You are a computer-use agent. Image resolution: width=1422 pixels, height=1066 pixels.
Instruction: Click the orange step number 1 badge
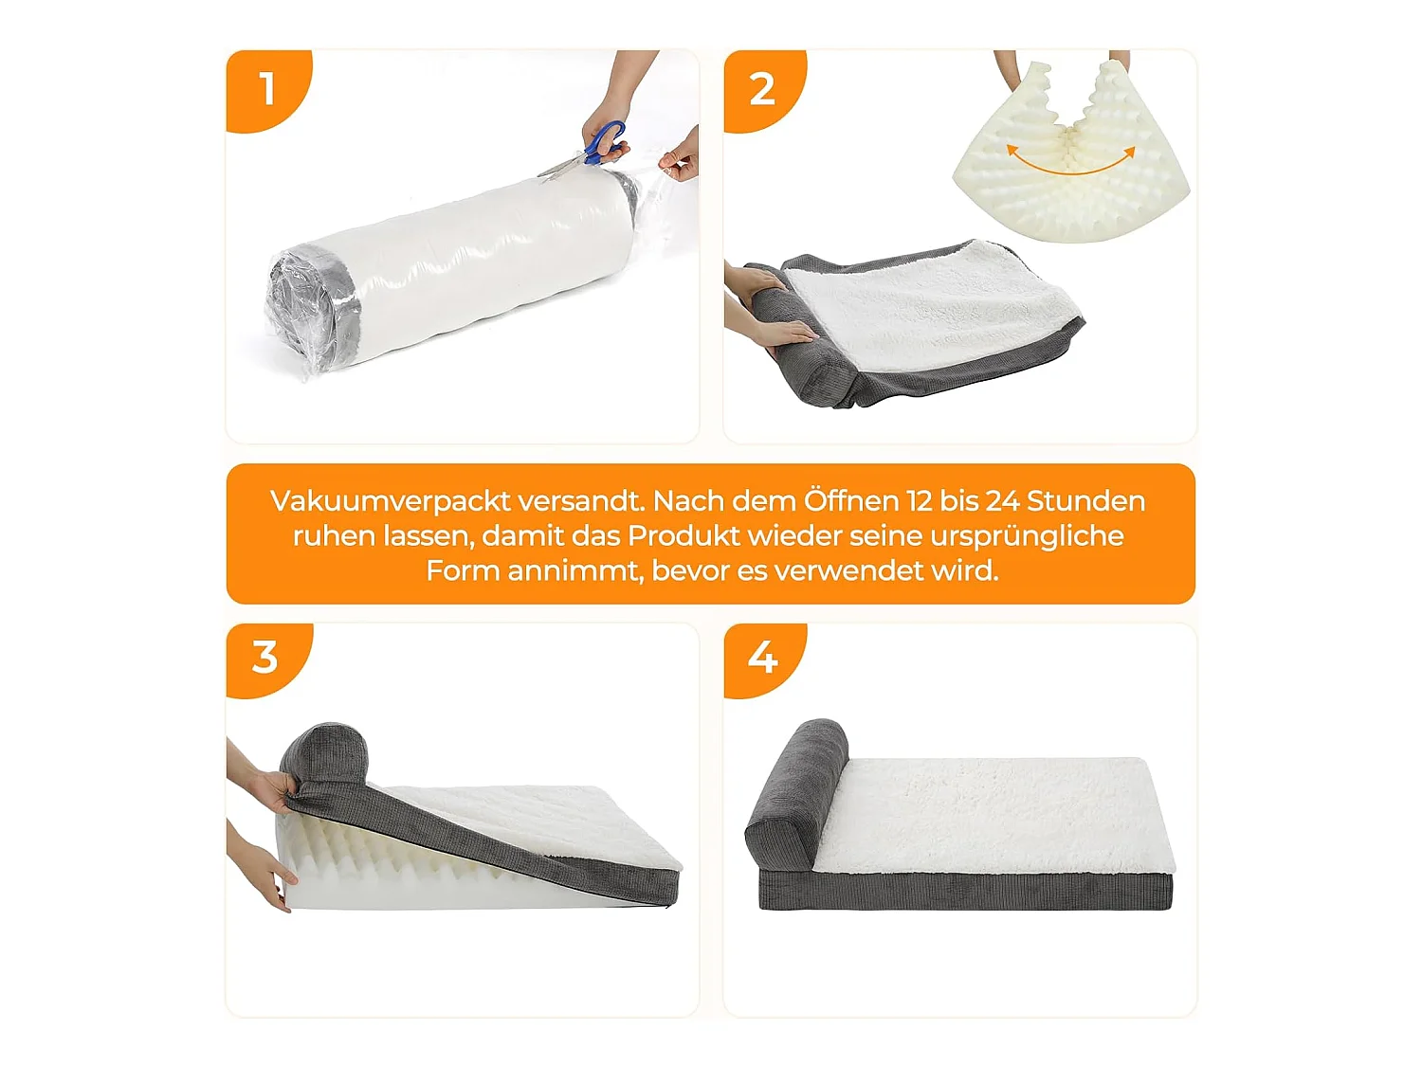point(265,89)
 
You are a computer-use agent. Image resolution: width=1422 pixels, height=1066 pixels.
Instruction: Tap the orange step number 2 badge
point(762,89)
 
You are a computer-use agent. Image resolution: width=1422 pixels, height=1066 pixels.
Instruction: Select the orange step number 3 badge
point(265,658)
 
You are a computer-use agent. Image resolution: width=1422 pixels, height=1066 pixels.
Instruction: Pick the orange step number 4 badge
point(762,658)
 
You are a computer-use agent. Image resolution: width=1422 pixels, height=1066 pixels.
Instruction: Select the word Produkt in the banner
point(684,536)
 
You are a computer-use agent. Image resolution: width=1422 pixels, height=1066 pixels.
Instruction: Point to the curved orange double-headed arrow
point(1070,162)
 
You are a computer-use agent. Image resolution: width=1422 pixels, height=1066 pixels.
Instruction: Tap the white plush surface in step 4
point(995,815)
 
